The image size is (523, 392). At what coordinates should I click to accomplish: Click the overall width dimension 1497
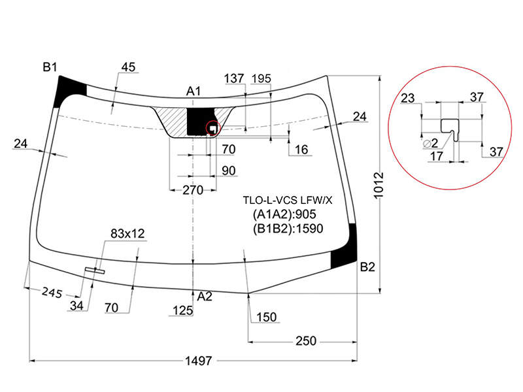199,361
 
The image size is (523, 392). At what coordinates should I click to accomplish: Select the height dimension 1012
379,186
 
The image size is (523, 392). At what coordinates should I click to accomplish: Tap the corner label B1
50,67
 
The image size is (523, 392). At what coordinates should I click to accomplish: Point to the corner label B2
367,267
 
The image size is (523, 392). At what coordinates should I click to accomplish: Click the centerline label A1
194,91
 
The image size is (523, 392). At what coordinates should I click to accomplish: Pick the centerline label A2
205,297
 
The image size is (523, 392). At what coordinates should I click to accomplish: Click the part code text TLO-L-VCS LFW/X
288,201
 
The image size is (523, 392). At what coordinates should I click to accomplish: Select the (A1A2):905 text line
284,214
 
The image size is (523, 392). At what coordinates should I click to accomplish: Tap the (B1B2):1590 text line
288,228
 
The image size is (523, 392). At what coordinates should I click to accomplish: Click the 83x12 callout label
127,234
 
